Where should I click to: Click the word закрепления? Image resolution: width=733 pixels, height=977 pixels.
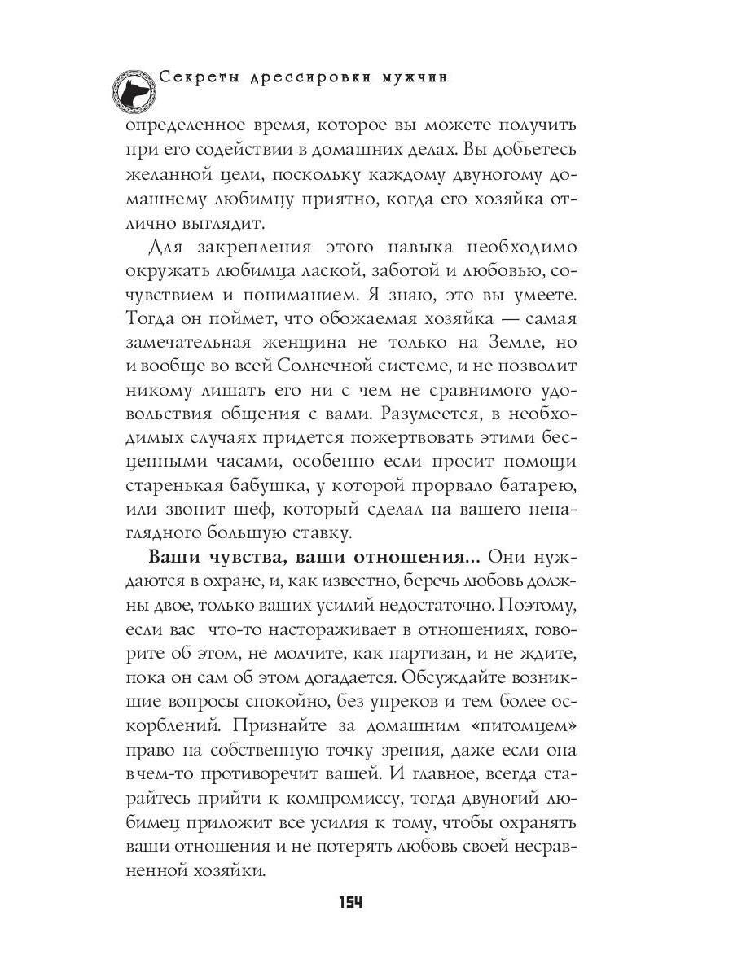pyautogui.click(x=242, y=247)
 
